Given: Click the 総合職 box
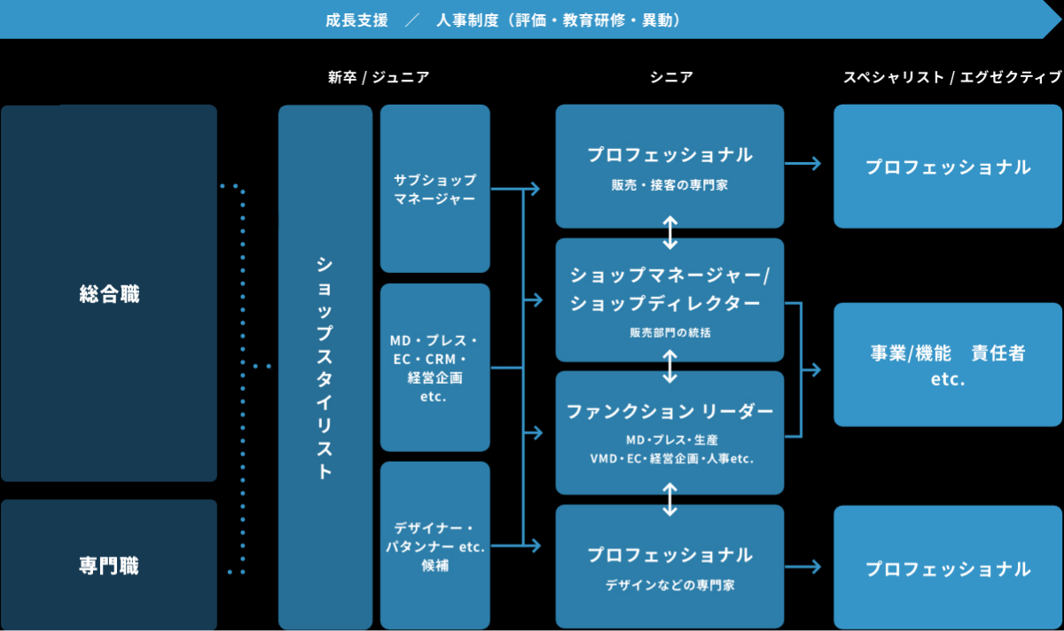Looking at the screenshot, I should [108, 294].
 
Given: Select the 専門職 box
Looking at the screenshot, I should [108, 565].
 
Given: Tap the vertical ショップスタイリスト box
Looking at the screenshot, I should [325, 367].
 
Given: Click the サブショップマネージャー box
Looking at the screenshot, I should [434, 189].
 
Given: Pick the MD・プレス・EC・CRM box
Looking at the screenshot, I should [434, 368].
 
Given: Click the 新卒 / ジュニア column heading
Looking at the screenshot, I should [379, 77].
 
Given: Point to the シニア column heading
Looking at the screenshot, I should [670, 77].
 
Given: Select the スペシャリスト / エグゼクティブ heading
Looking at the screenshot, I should [951, 77].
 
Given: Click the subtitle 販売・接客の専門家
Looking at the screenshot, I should [670, 185].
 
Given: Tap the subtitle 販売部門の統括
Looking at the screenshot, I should [670, 333].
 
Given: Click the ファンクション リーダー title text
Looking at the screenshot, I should [670, 411].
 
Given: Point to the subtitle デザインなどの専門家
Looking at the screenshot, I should [670, 585].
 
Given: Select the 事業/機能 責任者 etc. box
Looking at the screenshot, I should [948, 365].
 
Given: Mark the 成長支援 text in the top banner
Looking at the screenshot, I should [356, 19].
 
